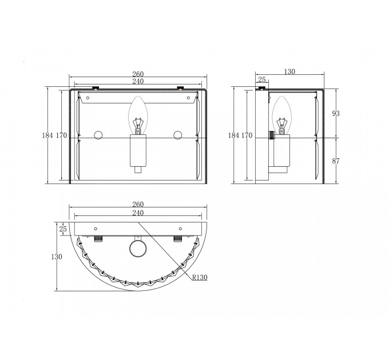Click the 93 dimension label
[x=336, y=114]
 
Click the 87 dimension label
[x=336, y=161]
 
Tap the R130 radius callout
[x=200, y=277]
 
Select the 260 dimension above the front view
[x=138, y=74]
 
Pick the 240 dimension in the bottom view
[x=138, y=213]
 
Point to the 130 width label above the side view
[x=289, y=71]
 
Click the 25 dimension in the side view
[x=262, y=80]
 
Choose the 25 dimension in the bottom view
[x=63, y=229]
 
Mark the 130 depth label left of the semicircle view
[x=57, y=257]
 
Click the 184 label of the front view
[x=47, y=135]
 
